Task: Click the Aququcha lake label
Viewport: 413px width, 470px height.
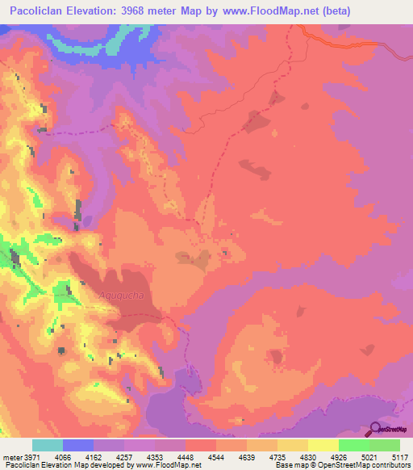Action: (121, 296)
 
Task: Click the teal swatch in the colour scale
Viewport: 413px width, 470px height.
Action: (48, 446)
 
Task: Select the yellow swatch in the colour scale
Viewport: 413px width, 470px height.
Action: (323, 446)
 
